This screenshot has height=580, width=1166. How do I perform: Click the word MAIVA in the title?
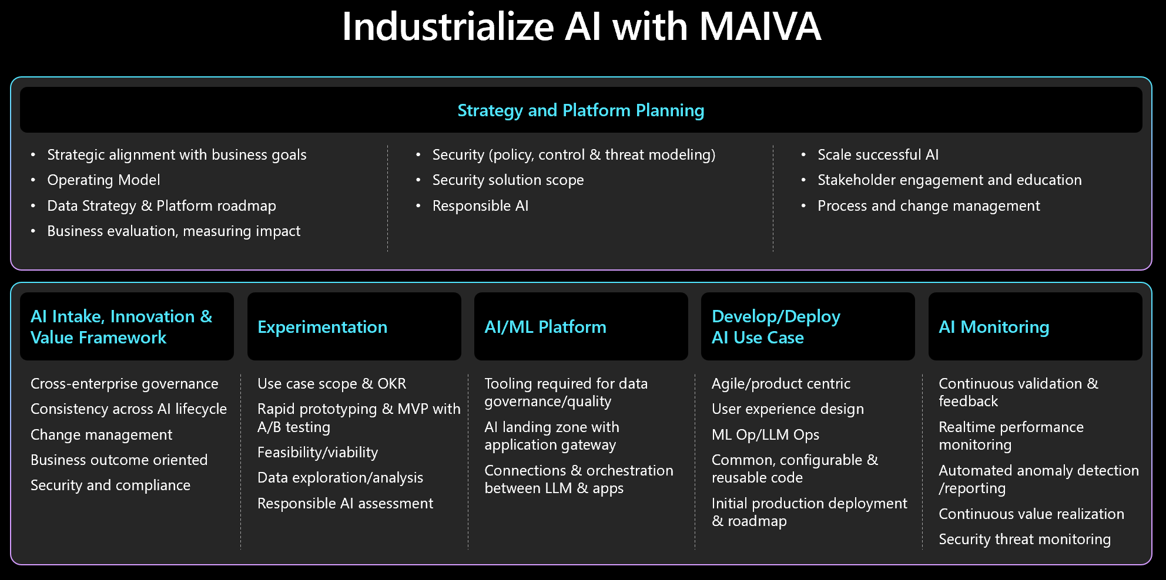(x=760, y=27)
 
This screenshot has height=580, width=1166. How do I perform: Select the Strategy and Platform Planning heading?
(x=581, y=110)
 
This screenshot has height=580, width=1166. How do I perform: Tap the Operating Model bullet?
(x=103, y=180)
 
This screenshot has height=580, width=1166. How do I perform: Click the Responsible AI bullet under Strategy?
(x=480, y=206)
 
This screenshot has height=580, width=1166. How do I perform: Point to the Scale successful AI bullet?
(x=877, y=155)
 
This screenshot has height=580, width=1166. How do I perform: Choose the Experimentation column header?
(x=322, y=327)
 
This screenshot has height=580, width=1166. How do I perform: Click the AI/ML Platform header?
(x=545, y=327)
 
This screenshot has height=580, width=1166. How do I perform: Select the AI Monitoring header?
(x=993, y=327)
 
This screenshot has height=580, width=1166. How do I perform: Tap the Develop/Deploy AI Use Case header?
(x=776, y=327)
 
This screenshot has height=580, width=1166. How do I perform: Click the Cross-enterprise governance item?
(x=124, y=384)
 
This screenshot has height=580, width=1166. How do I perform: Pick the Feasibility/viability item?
(x=317, y=453)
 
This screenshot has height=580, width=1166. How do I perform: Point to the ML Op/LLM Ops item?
(x=765, y=435)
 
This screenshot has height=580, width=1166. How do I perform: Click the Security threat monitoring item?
(x=1024, y=539)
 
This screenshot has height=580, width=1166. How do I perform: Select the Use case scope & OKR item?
(x=331, y=384)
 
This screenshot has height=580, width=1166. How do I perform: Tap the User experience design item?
(x=788, y=409)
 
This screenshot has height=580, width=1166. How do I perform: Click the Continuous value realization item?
(x=1031, y=514)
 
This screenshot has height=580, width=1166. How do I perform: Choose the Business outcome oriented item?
(x=119, y=460)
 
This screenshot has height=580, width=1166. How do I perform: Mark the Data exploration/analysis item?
(x=340, y=478)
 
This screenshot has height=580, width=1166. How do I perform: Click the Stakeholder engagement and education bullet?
(x=949, y=180)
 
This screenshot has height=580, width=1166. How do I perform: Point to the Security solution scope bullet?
(x=508, y=180)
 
